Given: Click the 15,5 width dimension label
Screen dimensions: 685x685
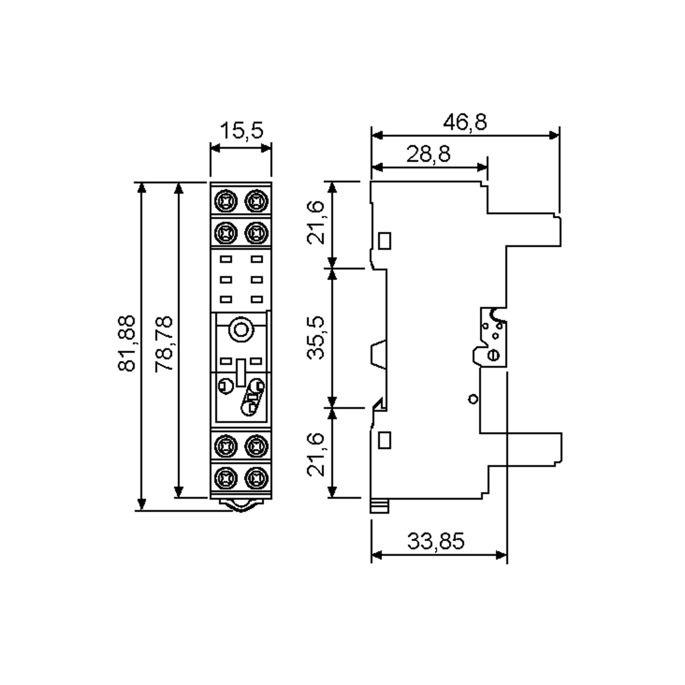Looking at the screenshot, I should click(242, 130).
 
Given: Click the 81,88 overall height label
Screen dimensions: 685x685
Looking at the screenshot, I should click(126, 343).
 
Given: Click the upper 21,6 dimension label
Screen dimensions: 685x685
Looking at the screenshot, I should click(315, 223).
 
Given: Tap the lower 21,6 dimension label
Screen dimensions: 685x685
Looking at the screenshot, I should click(315, 455).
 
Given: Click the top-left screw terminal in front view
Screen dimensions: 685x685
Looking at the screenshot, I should click(226, 201).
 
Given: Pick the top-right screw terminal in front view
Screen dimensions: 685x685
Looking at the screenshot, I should click(256, 201).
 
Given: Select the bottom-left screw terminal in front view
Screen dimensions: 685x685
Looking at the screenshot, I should click(226, 478).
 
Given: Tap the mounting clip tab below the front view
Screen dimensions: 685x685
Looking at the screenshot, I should click(241, 505).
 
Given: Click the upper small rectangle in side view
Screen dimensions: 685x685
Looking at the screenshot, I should click(385, 241).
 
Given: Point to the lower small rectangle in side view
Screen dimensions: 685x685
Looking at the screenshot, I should click(385, 440).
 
